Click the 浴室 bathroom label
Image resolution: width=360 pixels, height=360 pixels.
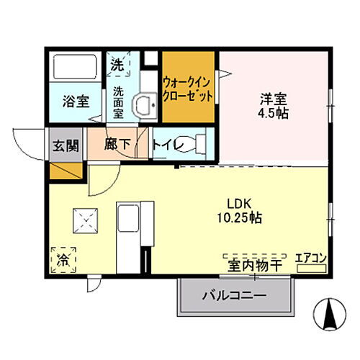[75, 101]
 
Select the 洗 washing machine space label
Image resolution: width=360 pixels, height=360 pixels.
[116, 64]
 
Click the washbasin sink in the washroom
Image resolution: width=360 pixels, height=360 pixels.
[148, 105]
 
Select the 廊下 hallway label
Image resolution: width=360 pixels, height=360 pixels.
[117, 144]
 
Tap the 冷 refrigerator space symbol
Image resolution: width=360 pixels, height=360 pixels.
[63, 257]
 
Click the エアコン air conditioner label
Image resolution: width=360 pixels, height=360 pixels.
[311, 258]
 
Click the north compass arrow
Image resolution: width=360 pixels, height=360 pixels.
[332, 311]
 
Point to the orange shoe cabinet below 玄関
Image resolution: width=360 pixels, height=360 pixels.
[65, 170]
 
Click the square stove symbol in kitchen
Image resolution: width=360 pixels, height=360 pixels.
[86, 220]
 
